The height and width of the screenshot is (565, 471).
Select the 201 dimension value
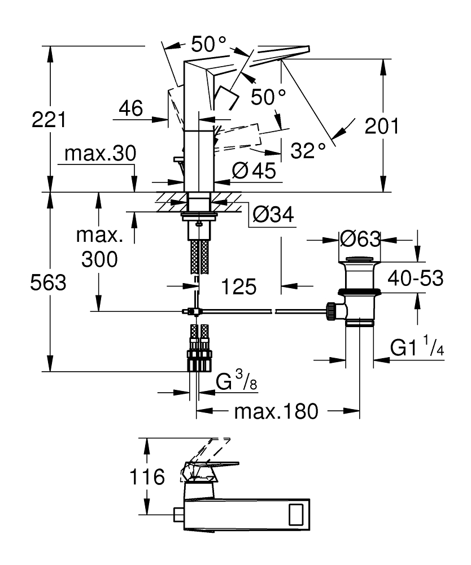click(x=381, y=125)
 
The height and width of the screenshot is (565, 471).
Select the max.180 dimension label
click(x=276, y=412)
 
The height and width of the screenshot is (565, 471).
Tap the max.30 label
click(x=101, y=154)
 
